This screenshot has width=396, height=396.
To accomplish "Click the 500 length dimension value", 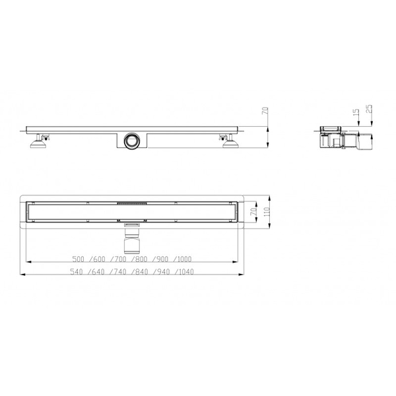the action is [78, 259].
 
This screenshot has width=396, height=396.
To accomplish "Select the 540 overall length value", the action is [76, 272].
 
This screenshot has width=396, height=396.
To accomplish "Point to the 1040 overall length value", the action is [186, 272].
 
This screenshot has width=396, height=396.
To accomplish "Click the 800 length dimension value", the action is [141, 259].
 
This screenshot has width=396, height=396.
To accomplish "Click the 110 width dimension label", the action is [267, 212].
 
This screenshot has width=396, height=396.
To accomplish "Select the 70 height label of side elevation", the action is [265, 111].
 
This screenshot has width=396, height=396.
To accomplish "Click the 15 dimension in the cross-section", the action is [356, 113].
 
